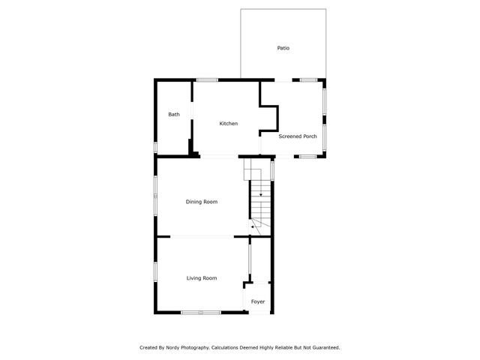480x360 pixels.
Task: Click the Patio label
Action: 283,48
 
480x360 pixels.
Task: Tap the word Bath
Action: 174,115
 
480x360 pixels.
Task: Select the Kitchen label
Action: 229,123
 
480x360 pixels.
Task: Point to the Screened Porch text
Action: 298,136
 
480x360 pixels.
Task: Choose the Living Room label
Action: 202,278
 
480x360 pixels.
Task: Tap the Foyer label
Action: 258,301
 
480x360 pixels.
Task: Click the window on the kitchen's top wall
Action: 207,79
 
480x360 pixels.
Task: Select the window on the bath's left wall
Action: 155,147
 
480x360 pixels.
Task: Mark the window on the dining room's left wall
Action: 155,196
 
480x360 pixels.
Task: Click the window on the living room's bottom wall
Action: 201,312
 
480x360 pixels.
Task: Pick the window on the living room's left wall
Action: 155,271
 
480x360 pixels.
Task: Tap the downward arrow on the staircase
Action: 260,193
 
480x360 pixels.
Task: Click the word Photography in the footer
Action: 196,347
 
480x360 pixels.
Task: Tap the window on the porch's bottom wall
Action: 307,156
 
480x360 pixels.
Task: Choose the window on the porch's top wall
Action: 307,79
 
